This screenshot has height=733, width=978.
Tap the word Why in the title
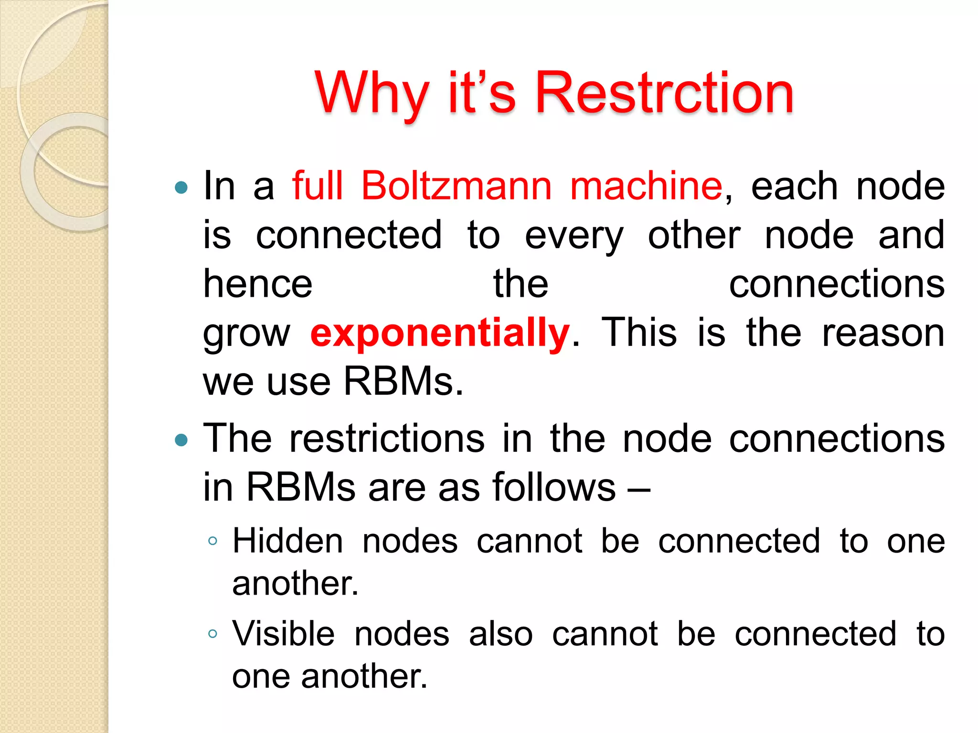click(372, 94)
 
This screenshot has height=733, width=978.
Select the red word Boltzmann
click(456, 186)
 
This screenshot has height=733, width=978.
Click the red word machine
click(647, 186)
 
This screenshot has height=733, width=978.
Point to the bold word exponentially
click(440, 333)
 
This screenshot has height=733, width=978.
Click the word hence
click(258, 283)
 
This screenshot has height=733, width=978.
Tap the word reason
click(883, 333)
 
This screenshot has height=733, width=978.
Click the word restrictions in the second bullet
click(387, 439)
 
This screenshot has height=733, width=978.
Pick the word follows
click(554, 487)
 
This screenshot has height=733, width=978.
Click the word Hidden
click(288, 541)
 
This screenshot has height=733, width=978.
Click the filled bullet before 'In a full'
click(181, 187)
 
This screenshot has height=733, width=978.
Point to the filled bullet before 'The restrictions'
click(181, 440)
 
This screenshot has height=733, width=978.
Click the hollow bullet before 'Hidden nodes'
click(213, 541)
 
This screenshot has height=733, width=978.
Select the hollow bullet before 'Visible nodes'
click(213, 634)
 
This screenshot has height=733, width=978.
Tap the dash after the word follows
click(638, 490)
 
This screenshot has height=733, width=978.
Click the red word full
click(318, 186)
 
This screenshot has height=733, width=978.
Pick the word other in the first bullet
click(694, 235)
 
